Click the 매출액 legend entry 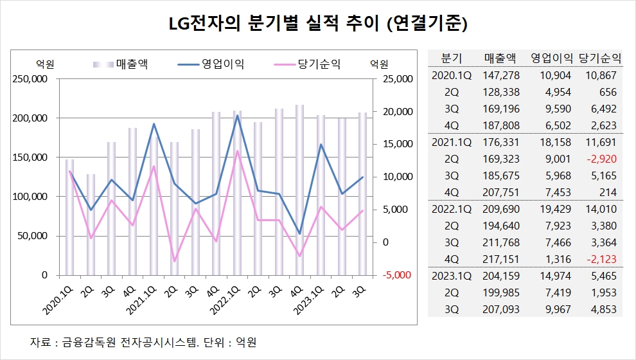(121, 64)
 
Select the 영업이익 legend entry (212, 64)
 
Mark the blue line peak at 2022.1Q (237, 115)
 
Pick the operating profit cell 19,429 (552, 209)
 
